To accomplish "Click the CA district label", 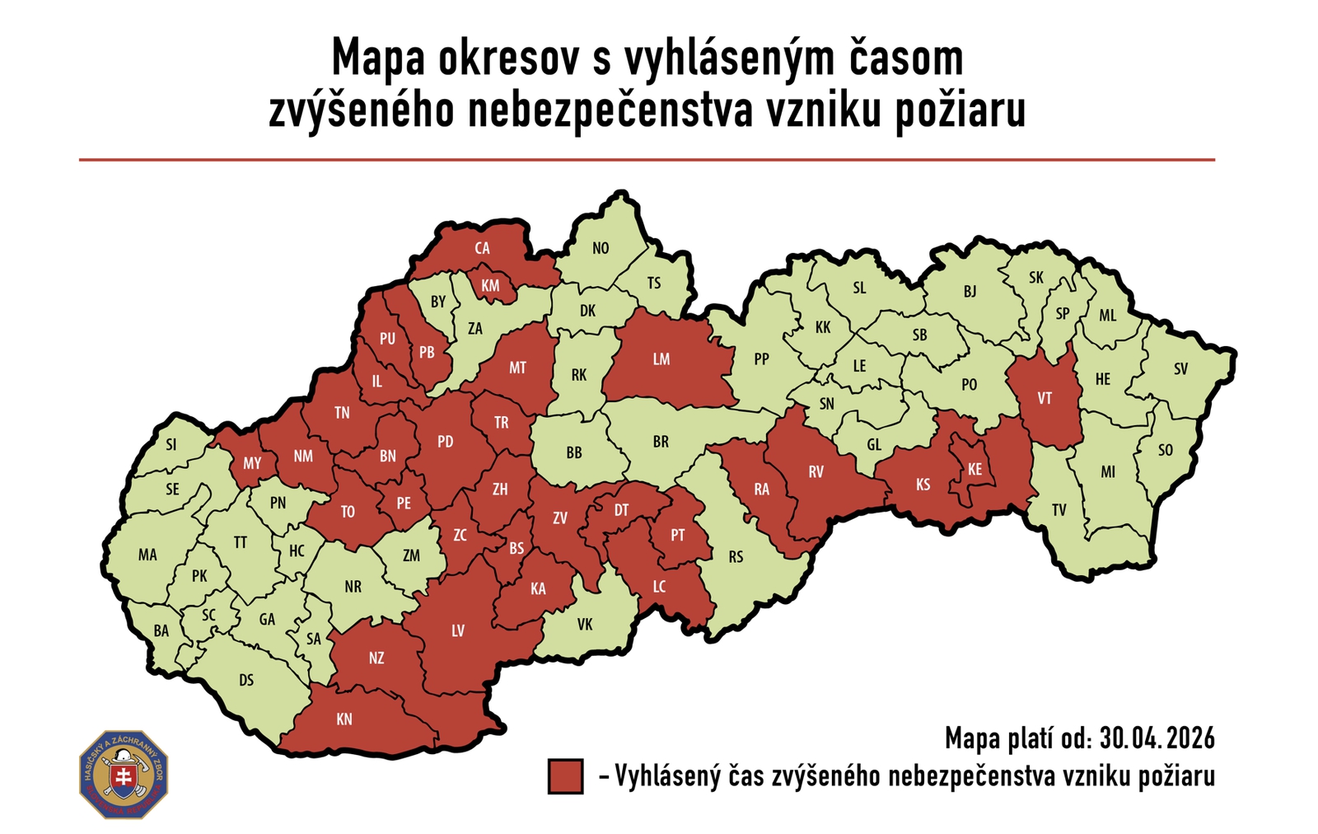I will [x=482, y=248].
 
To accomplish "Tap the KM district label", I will [x=490, y=286].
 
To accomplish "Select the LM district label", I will [x=661, y=359].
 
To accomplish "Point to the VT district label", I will [x=1045, y=399].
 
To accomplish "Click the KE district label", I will [x=974, y=470].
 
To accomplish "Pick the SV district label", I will [x=1180, y=369].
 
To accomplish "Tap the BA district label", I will [x=161, y=631].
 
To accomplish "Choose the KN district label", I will [x=344, y=719].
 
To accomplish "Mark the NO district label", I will [x=601, y=248].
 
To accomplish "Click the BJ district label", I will [x=970, y=292].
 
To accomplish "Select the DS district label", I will [x=246, y=681].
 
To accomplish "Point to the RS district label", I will [x=736, y=557].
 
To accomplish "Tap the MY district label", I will [x=252, y=463].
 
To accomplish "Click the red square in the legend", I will [x=565, y=776].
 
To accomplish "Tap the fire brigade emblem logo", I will [x=124, y=775].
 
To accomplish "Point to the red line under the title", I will [x=647, y=160].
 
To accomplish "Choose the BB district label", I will [x=574, y=452].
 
